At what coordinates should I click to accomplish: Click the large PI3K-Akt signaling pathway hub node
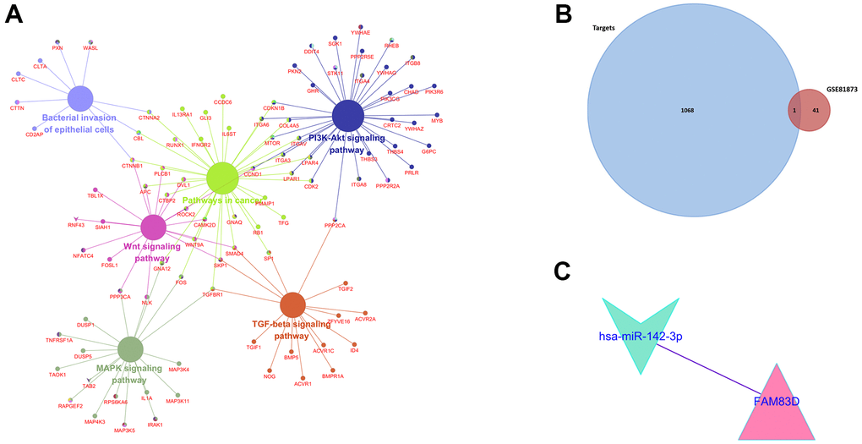click(347, 117)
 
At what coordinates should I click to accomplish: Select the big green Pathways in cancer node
click(222, 178)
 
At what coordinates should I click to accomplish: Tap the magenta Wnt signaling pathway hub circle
click(153, 227)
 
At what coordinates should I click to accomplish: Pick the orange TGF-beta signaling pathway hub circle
click(292, 304)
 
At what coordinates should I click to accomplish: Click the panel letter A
click(14, 16)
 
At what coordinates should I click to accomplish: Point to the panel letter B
click(563, 15)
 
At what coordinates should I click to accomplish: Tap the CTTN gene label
click(18, 107)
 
